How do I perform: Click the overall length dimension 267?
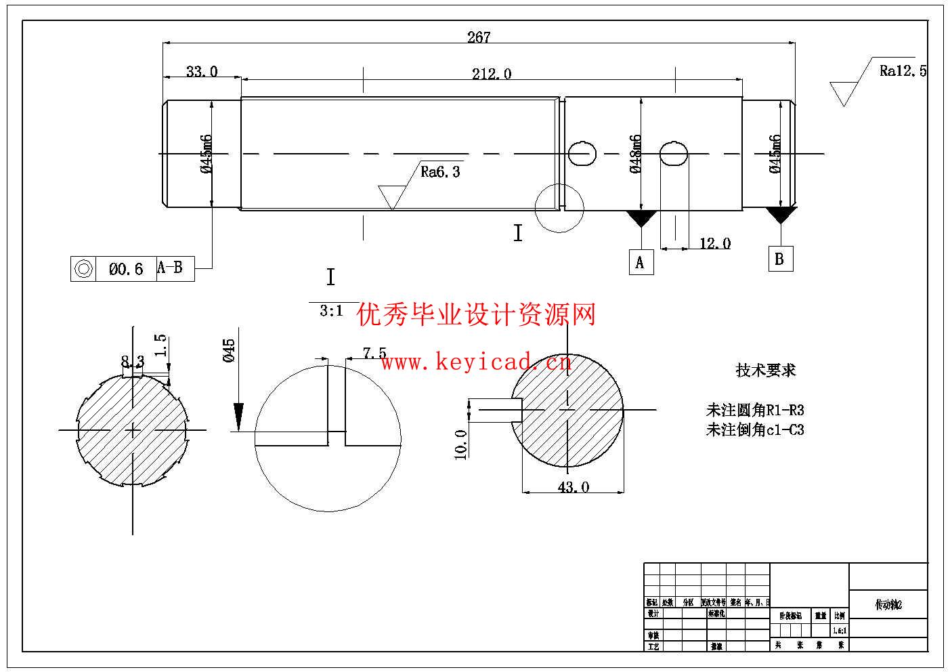(x=478, y=37)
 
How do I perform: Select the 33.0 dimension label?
(x=202, y=71)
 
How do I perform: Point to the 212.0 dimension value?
(x=491, y=74)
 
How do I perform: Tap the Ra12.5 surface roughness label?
(x=903, y=70)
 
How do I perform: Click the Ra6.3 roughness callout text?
(x=440, y=172)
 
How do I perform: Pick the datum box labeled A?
(x=640, y=262)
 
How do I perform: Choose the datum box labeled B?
(x=779, y=259)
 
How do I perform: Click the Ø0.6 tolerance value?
(x=126, y=270)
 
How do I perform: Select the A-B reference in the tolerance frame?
(x=170, y=268)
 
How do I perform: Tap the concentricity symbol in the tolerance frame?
(x=84, y=269)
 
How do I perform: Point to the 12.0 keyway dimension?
(x=714, y=243)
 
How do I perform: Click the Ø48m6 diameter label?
(x=635, y=154)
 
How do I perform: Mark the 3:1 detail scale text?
(x=331, y=312)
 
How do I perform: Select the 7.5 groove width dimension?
(x=374, y=353)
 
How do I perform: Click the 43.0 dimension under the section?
(x=573, y=487)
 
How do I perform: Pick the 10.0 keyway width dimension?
(x=460, y=444)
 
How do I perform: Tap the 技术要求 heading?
(x=766, y=370)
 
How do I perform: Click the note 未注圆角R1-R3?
(x=755, y=410)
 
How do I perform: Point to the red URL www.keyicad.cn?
(x=476, y=363)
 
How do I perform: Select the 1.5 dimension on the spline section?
(x=160, y=345)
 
